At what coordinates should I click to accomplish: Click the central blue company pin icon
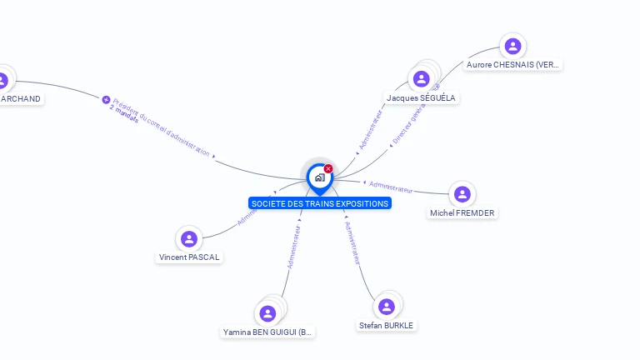319,177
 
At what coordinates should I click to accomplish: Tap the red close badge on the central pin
328,168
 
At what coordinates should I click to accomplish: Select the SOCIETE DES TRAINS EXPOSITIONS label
319,203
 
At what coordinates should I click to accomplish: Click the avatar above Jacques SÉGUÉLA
422,79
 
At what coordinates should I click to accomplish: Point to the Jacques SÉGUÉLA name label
422,97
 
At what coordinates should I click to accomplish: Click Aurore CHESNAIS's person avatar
512,46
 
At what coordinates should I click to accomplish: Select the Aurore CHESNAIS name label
513,64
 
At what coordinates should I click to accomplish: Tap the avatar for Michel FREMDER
462,194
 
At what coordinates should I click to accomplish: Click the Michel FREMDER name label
462,212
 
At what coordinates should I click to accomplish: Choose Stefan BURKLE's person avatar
386,307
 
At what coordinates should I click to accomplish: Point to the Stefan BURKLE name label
386,325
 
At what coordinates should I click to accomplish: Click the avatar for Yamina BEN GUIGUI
267,313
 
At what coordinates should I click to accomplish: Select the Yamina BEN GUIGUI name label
267,332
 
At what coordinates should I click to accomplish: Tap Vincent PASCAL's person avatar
189,239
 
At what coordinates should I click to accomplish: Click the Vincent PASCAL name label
189,257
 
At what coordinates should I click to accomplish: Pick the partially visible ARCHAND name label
20,98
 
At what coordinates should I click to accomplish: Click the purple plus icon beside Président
106,99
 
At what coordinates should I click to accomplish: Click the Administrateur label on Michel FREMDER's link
390,187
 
